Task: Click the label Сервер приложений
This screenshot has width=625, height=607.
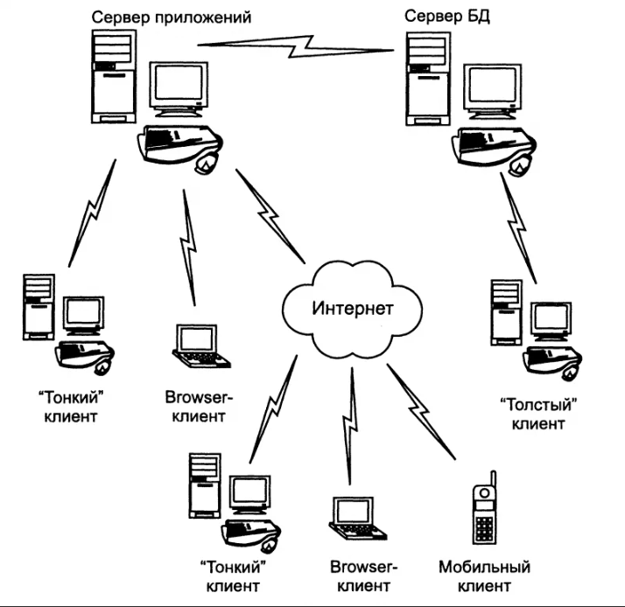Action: pyautogui.click(x=172, y=18)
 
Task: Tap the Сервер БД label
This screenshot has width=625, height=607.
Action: pyautogui.click(x=447, y=17)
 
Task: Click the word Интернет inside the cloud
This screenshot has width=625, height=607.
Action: pyautogui.click(x=353, y=309)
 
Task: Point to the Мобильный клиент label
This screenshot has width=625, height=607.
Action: pyautogui.click(x=484, y=576)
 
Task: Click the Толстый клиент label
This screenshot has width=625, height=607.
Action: pyautogui.click(x=538, y=415)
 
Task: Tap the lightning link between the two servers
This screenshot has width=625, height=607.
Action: pyautogui.click(x=296, y=47)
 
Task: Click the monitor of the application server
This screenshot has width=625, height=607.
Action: pyautogui.click(x=179, y=88)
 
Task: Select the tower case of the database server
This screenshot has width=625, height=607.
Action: pyautogui.click(x=428, y=79)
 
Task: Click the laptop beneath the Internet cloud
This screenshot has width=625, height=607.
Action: pyautogui.click(x=357, y=519)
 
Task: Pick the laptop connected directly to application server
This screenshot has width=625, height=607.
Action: pyautogui.click(x=201, y=346)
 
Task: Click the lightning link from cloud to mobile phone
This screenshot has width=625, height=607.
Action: pyautogui.click(x=420, y=411)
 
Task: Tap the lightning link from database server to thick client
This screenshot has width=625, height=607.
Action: pyautogui.click(x=518, y=227)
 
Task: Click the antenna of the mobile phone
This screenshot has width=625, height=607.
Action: pyautogui.click(x=493, y=479)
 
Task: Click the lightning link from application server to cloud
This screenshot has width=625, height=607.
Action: pyautogui.click(x=270, y=216)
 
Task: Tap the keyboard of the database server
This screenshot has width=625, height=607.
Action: pyautogui.click(x=495, y=143)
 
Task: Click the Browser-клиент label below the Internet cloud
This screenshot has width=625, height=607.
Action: pyautogui.click(x=363, y=576)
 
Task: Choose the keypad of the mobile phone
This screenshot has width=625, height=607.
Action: pyautogui.click(x=484, y=528)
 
